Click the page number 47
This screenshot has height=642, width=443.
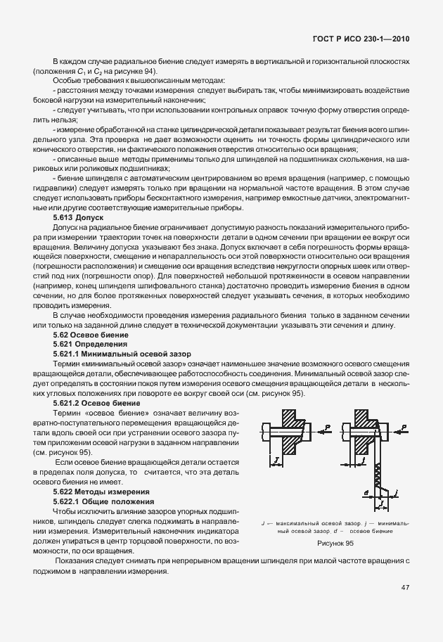(x=406, y=586)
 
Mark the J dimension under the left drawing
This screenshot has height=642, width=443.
(x=277, y=462)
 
